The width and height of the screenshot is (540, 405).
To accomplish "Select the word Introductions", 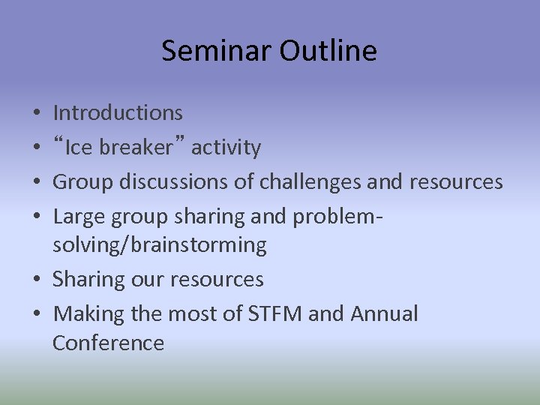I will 118,113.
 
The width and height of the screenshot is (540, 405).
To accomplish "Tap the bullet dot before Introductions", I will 37,114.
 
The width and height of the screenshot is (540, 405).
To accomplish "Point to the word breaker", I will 136,148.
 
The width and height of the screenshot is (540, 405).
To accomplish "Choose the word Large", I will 79,217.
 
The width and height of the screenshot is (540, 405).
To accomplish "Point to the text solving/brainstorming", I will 159,244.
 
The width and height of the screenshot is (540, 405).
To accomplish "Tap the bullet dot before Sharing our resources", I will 37,280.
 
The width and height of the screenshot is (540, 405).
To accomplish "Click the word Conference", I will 108,343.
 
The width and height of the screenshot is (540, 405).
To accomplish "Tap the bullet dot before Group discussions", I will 37,183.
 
